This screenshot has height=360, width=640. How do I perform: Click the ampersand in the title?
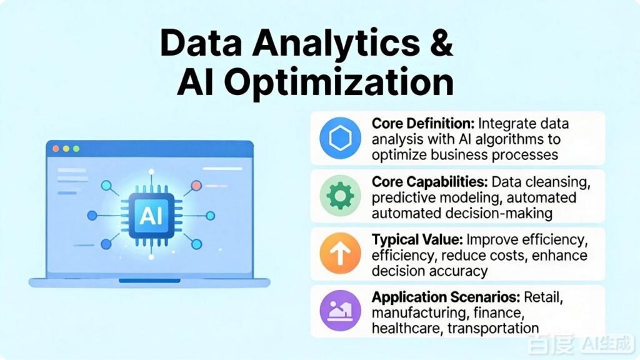pyautogui.click(x=441, y=42)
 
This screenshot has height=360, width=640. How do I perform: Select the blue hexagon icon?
pyautogui.click(x=340, y=138)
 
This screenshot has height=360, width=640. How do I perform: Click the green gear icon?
pyautogui.click(x=340, y=196)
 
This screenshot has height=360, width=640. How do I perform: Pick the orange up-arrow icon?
pyautogui.click(x=340, y=253)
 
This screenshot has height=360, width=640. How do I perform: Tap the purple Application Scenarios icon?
pyautogui.click(x=340, y=311)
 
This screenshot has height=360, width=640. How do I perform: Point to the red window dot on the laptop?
pyautogui.click(x=56, y=149)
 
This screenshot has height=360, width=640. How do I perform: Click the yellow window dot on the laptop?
pyautogui.click(x=66, y=149)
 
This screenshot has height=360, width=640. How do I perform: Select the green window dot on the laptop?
pyautogui.click(x=76, y=149)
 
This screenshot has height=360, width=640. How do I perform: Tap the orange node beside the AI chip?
pyautogui.click(x=196, y=186)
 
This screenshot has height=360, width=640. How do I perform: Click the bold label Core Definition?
pyautogui.click(x=423, y=123)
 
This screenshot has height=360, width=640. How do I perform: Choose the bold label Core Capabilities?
pyautogui.click(x=430, y=182)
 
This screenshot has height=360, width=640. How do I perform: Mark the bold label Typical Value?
pyautogui.click(x=417, y=239)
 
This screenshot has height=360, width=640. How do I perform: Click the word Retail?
pyautogui.click(x=543, y=297)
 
